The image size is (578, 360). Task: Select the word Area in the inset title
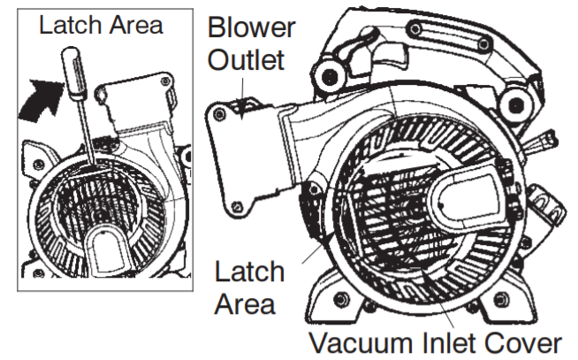point(133,26)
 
